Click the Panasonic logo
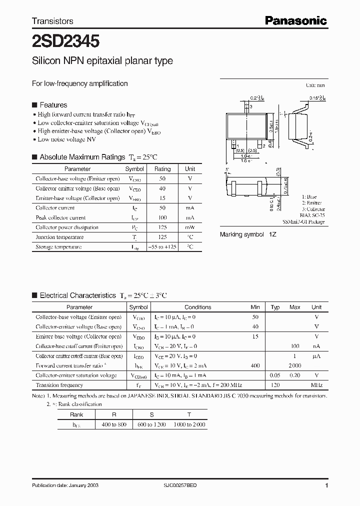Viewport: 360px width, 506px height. click(295, 20)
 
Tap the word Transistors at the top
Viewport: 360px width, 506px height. click(52, 21)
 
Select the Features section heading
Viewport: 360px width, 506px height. click(53, 105)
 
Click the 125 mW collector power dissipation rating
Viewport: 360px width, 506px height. click(162, 227)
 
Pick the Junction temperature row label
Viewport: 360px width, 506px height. click(59, 237)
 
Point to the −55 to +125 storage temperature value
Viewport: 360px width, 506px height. click(162, 247)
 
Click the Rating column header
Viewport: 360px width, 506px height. click(162, 169)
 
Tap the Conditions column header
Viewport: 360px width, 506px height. click(198, 307)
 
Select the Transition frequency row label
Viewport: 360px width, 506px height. click(59, 385)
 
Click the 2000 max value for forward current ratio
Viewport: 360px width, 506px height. click(295, 366)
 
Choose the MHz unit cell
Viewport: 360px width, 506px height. click(316, 385)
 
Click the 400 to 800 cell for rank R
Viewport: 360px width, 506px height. click(114, 424)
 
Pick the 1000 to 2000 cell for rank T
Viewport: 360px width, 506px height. click(189, 424)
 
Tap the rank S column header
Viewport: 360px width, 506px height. click(151, 414)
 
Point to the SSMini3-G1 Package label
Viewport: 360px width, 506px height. click(303, 221)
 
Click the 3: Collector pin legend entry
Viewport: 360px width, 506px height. click(313, 209)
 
